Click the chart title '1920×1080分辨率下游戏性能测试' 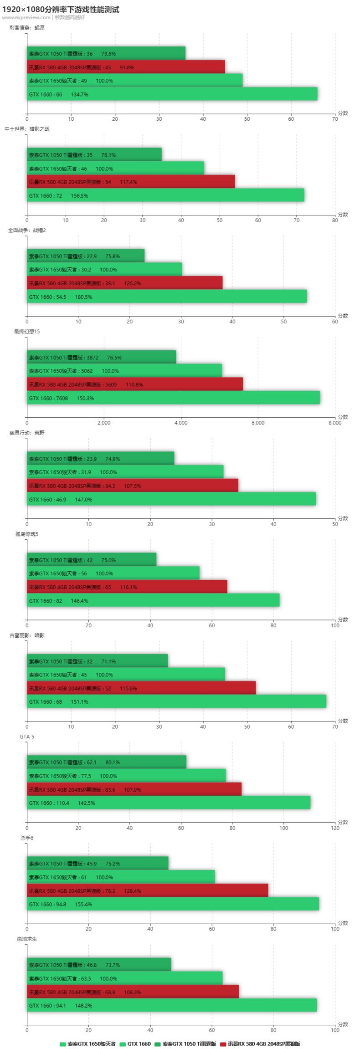61,9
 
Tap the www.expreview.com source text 26,17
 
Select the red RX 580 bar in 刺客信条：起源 126,67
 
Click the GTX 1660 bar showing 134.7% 172,94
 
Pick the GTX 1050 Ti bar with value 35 94,155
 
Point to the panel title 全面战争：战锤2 27,230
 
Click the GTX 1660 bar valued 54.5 167,297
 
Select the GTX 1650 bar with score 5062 124,371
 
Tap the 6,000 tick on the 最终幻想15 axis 258,423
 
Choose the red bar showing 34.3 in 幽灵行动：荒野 133,486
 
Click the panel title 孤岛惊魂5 27,534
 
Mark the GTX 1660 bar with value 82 153,600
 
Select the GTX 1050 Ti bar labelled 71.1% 97,661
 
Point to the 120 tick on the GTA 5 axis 335,828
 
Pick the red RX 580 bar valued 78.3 147,890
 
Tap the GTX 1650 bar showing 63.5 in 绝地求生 124,978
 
